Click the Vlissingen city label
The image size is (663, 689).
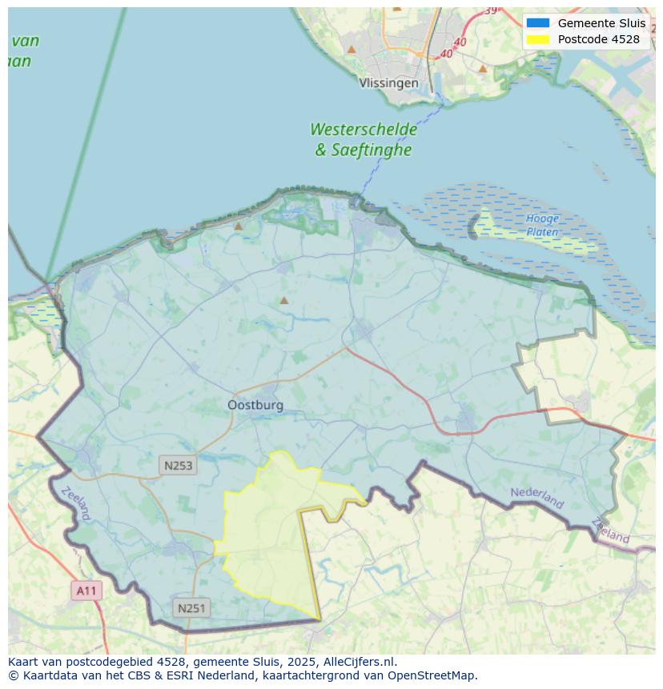coord(388,83)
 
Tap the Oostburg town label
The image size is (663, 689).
coord(255,405)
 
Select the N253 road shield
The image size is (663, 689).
coord(178,465)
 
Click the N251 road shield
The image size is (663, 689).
coord(191,608)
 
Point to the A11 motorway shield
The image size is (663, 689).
coord(86,591)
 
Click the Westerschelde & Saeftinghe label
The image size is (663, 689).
coord(364,139)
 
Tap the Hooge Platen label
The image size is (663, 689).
coord(543,225)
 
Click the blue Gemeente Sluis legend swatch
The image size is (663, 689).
coord(537,23)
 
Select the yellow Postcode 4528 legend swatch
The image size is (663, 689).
coord(537,39)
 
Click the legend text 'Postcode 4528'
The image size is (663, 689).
coord(598,39)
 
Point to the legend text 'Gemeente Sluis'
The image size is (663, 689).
coord(601,23)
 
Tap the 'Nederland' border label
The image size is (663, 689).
coord(536,498)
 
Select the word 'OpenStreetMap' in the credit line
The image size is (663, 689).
coord(436,675)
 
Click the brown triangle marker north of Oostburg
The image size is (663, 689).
coord(283,301)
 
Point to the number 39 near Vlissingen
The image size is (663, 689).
coord(490,10)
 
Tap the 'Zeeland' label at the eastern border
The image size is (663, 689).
coord(611,531)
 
